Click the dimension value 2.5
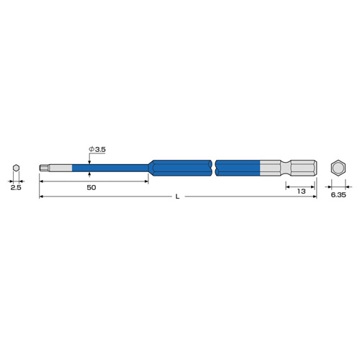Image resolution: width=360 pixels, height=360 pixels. pyautogui.click(x=16, y=188)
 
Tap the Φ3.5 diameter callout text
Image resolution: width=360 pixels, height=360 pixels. pyautogui.click(x=97, y=150)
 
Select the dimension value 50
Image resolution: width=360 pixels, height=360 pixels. pyautogui.click(x=91, y=188)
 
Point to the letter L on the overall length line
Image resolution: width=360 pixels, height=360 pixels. pyautogui.click(x=177, y=197)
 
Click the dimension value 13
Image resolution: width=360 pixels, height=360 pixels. pyautogui.click(x=301, y=192)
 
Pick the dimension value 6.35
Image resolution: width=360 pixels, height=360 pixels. pyautogui.click(x=338, y=195)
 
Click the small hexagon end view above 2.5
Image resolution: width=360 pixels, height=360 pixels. pyautogui.click(x=16, y=168)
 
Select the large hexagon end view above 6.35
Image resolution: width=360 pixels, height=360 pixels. pyautogui.click(x=338, y=168)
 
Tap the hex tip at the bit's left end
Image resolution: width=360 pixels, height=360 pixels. pyautogui.click(x=44, y=168)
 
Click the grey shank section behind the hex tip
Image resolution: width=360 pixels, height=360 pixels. pyautogui.click(x=60, y=168)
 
